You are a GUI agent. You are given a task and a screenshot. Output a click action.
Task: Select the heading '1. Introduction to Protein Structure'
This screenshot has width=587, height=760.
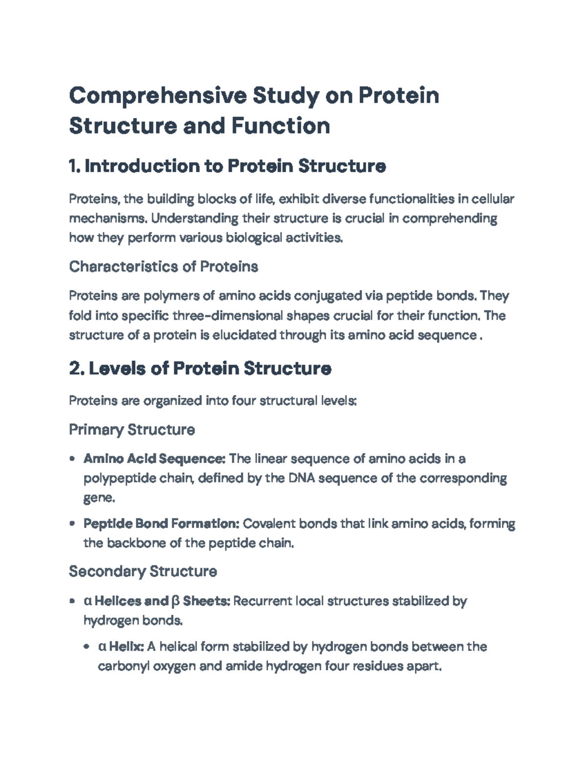(227, 166)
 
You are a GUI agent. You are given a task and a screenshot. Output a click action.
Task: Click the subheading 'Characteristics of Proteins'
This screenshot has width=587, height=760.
(163, 267)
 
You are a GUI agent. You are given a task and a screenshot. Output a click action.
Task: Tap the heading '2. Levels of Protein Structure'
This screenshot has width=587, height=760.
(200, 368)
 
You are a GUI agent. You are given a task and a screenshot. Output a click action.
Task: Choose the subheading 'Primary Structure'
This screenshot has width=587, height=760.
(132, 430)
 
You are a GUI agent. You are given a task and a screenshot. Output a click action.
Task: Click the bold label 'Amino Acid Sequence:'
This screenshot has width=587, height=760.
(154, 459)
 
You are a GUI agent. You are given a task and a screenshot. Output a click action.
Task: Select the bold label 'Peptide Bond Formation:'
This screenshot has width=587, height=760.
(161, 524)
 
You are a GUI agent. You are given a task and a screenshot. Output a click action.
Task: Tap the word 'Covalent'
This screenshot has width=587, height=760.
(269, 524)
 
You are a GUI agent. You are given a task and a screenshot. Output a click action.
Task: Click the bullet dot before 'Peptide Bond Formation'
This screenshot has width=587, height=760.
(72, 524)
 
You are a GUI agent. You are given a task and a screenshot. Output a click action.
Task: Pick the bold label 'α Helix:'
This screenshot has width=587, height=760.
(121, 646)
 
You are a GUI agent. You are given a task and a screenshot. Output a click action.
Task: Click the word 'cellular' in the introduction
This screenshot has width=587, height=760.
(493, 199)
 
